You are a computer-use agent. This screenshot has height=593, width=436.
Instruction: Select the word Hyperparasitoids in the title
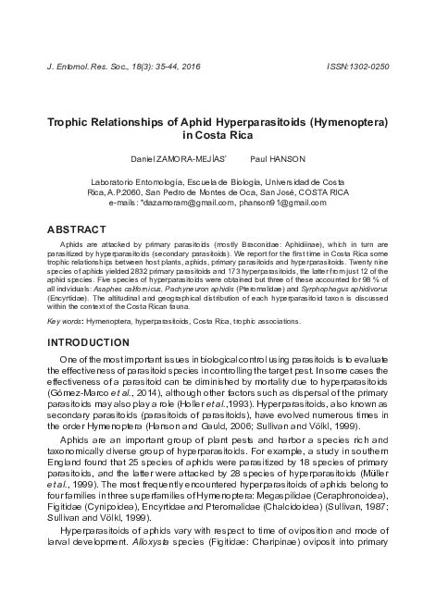[255, 121]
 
